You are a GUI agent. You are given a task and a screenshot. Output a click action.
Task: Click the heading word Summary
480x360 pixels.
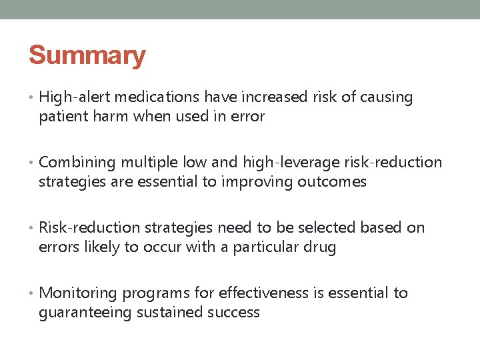point(87,55)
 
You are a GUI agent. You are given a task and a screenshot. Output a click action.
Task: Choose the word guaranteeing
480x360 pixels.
point(85,313)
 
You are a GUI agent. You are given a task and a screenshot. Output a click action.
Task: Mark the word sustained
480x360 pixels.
point(167,313)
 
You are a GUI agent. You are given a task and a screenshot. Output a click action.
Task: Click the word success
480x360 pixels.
point(233,313)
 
